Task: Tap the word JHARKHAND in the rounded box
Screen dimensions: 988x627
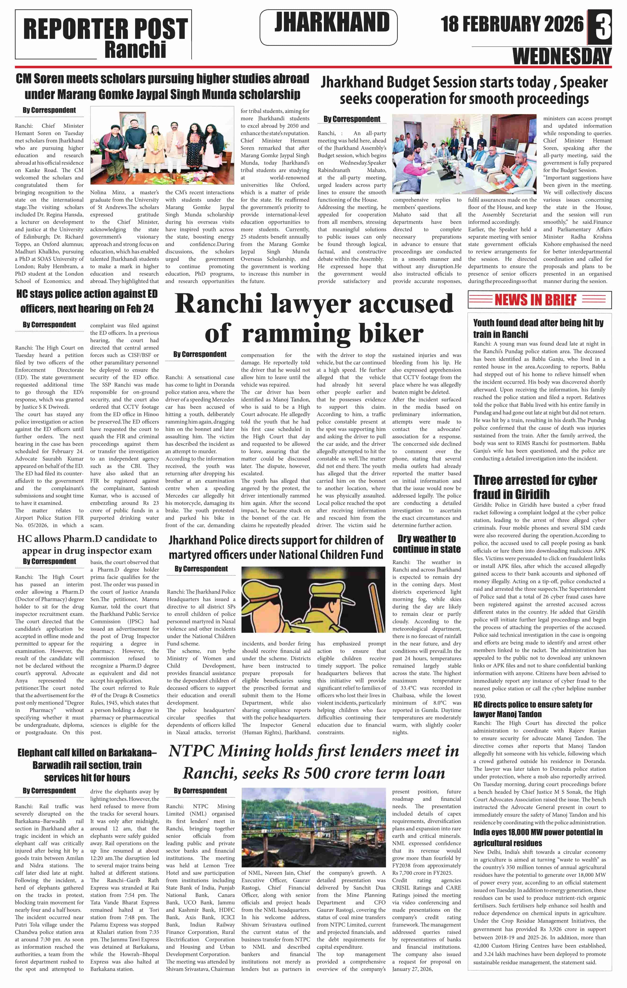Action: [332, 22]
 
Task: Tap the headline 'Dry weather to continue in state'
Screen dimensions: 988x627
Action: [426, 544]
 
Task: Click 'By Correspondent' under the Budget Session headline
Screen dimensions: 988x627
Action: [352, 119]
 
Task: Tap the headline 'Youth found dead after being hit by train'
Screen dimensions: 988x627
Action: [538, 328]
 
